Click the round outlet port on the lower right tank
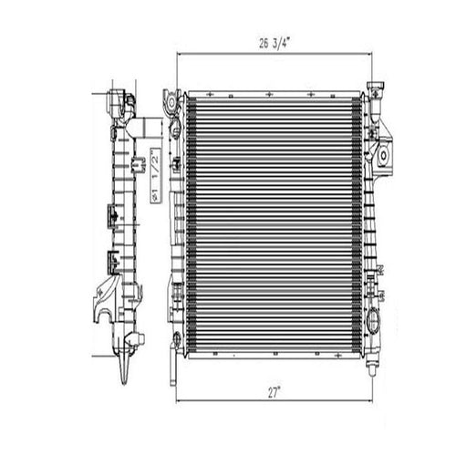coord(373,321)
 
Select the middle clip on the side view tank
coord(110,216)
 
